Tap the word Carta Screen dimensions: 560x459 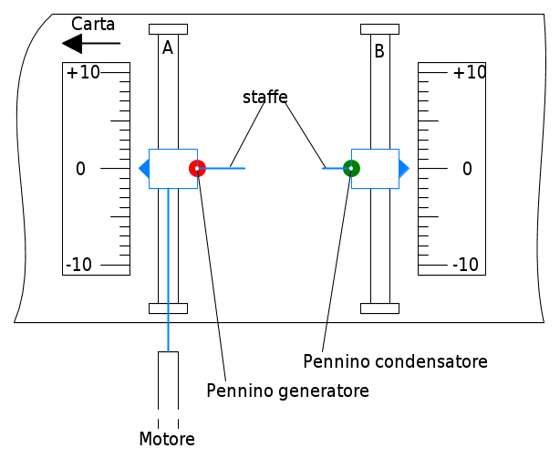[93, 25]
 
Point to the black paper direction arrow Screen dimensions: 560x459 [91, 44]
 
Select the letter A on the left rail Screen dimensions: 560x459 [168, 47]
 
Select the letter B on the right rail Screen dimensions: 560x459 [379, 51]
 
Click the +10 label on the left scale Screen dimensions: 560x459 [83, 72]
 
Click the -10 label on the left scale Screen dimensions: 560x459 [79, 265]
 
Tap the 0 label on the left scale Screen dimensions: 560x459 [80, 169]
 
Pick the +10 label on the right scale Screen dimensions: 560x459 [470, 72]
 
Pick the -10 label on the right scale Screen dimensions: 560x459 [465, 265]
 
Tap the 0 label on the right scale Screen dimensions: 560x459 [467, 169]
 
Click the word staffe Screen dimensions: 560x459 [265, 97]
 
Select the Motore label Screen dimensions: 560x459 [167, 439]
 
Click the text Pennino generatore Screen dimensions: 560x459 [287, 391]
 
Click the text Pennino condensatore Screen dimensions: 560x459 [395, 361]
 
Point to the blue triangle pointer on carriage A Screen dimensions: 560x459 [144, 169]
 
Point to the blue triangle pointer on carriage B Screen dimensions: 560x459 [404, 168]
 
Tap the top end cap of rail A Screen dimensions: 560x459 [168, 29]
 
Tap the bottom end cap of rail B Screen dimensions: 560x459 [379, 308]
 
